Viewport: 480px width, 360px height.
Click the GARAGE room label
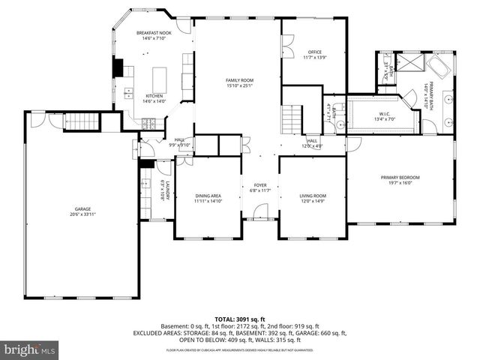point(82,210)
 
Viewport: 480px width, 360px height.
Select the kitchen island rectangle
point(159,78)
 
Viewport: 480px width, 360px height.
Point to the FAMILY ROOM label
point(241,80)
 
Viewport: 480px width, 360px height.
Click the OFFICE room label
point(314,52)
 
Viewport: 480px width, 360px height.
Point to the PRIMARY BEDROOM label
point(400,178)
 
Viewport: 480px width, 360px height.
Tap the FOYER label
point(260,184)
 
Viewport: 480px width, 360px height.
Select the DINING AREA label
point(208,196)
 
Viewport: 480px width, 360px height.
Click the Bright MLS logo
point(30,349)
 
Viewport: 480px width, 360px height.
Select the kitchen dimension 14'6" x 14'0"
point(154,101)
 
